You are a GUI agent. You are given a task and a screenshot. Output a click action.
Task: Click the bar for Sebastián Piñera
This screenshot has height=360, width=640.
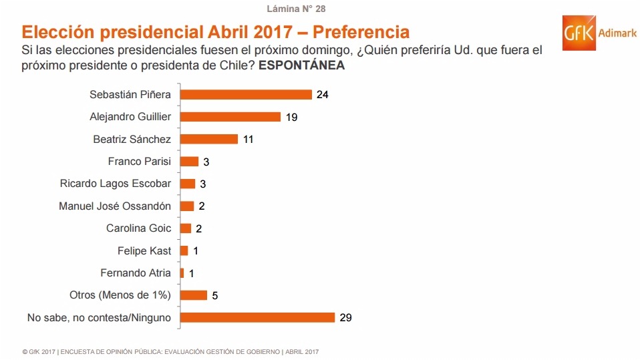(x=246, y=94)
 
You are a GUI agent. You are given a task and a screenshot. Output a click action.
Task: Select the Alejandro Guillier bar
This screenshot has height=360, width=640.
(x=230, y=117)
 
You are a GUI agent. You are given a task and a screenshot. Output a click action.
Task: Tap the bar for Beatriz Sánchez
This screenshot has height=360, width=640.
(x=209, y=139)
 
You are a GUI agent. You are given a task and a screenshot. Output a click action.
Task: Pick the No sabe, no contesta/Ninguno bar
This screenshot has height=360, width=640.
(x=257, y=317)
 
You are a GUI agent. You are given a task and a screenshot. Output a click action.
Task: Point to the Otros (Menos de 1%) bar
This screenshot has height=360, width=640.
(x=194, y=295)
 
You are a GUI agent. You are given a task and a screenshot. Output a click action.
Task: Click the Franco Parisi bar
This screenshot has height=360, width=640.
(x=190, y=161)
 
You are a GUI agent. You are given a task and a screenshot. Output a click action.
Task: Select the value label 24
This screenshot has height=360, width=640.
(x=323, y=95)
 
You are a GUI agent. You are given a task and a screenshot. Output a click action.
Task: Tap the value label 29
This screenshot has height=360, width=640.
(x=345, y=318)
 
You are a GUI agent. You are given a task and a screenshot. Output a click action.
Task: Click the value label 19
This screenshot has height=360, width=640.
(x=291, y=117)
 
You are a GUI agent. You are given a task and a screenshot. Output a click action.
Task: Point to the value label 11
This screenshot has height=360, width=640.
(x=249, y=139)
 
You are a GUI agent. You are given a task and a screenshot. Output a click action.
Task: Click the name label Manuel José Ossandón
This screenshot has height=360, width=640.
(x=115, y=206)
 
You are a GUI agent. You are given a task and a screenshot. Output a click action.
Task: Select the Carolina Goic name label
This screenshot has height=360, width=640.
(x=138, y=228)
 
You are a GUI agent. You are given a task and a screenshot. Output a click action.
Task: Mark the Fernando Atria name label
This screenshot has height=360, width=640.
(x=136, y=273)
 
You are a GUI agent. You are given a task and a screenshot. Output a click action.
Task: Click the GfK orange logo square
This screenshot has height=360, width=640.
(x=579, y=34)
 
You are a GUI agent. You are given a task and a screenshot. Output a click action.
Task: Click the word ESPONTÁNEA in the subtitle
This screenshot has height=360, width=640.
(x=301, y=65)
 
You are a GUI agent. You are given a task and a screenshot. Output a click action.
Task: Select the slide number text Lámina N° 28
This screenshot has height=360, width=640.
(x=296, y=9)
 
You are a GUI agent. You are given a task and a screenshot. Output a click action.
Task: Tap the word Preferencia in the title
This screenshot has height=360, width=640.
(x=361, y=32)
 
